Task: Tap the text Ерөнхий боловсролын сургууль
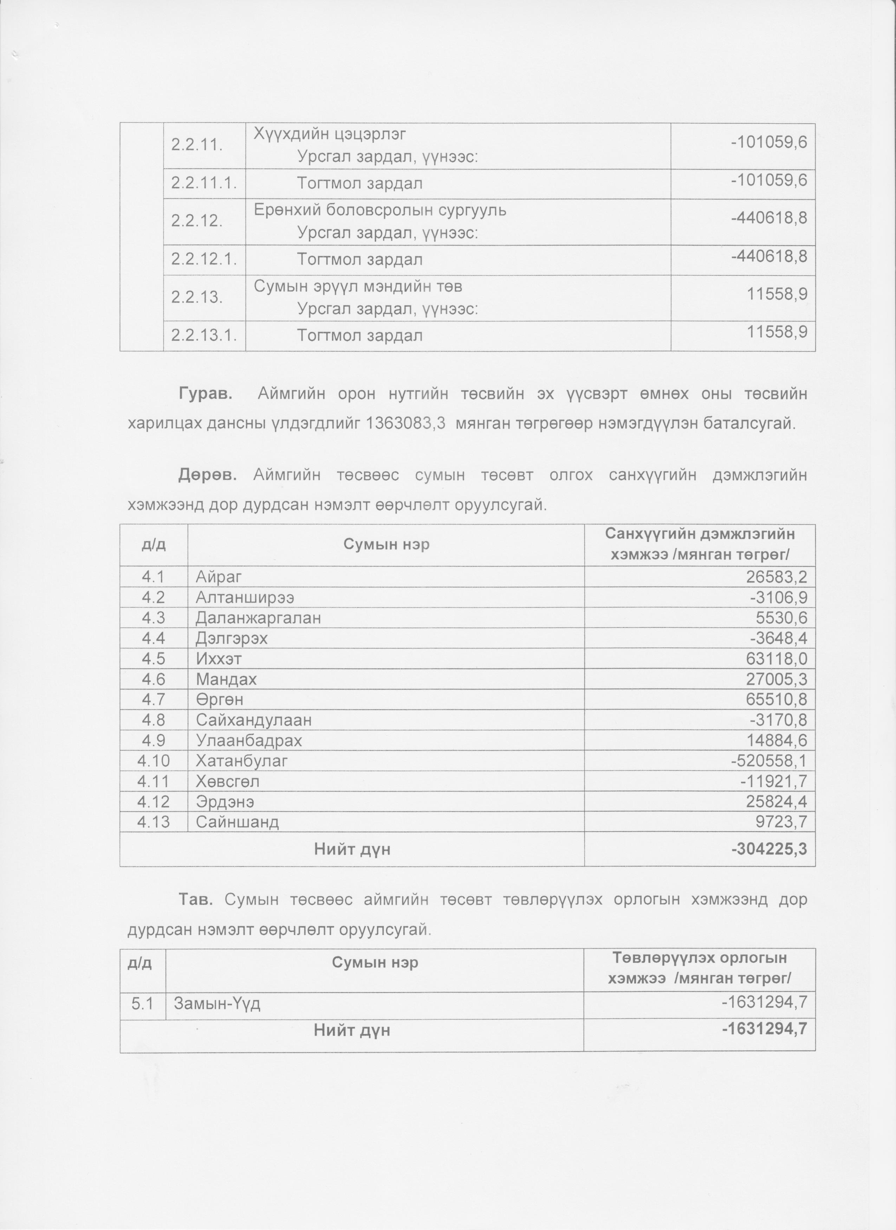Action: [380, 210]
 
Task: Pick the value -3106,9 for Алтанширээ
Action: [779, 598]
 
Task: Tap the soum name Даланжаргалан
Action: [258, 618]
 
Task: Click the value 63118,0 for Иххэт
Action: [777, 658]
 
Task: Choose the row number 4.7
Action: [154, 699]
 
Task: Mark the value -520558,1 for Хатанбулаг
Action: [769, 761]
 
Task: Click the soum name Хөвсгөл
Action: [228, 781]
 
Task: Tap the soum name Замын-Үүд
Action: [217, 1004]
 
